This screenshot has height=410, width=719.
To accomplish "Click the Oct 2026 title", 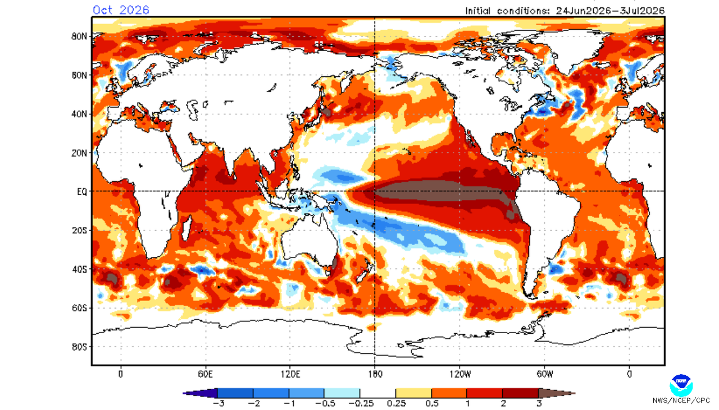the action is click(121, 10).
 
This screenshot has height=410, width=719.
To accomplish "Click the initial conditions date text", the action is click(565, 11).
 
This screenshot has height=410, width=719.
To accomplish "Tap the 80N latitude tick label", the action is click(79, 36).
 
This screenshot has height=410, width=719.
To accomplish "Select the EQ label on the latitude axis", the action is click(82, 192).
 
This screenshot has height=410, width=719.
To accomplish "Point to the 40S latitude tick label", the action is click(79, 269).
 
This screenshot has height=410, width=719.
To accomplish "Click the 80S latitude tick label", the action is click(79, 347).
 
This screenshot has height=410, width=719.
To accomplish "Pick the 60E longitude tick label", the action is click(205, 374).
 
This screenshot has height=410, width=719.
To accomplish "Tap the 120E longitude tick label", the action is click(290, 374).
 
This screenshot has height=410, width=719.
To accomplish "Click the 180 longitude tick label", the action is click(375, 374).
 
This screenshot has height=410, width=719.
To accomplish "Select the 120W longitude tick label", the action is click(460, 374).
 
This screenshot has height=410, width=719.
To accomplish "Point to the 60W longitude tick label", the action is click(545, 374).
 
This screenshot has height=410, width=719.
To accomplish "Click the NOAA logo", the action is click(681, 385).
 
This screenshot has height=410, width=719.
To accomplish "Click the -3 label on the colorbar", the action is click(219, 403).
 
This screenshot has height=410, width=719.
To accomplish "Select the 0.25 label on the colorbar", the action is click(396, 403).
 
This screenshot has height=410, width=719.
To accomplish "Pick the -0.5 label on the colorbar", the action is click(324, 403).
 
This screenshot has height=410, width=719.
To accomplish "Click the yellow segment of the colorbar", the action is click(413, 393).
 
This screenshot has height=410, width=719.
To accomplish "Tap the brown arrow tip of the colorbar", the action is click(575, 393).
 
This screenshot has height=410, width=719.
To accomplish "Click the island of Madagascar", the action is click(186, 228).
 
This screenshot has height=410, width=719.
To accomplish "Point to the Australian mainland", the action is click(310, 239).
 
